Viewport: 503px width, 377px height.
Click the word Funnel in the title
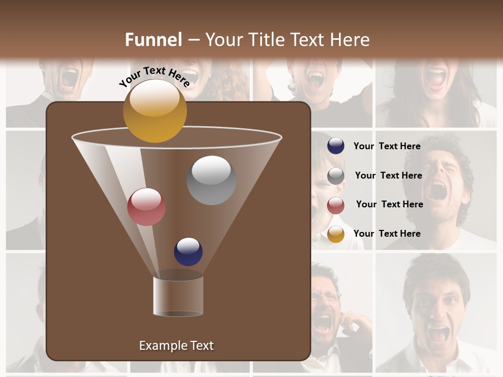point(153,40)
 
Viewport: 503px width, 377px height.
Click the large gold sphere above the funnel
point(155,110)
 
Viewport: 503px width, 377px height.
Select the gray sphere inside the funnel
point(211,180)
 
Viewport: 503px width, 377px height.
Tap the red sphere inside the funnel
point(146,206)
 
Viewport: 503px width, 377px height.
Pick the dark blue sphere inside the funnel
point(188,251)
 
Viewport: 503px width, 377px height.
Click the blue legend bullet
point(336,146)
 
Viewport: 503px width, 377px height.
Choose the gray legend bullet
point(336,176)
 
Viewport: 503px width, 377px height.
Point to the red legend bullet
point(336,205)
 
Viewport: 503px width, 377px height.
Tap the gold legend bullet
point(336,234)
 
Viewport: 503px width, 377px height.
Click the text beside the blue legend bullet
point(387,146)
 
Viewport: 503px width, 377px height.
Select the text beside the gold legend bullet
point(387,234)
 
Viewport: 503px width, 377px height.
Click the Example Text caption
point(176,346)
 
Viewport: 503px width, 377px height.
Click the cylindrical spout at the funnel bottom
point(178,296)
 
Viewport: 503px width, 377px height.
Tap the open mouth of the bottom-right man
point(438,333)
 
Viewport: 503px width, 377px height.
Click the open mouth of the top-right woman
point(435,78)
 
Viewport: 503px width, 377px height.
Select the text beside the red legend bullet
point(389,204)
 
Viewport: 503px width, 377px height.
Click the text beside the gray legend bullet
point(388,175)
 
